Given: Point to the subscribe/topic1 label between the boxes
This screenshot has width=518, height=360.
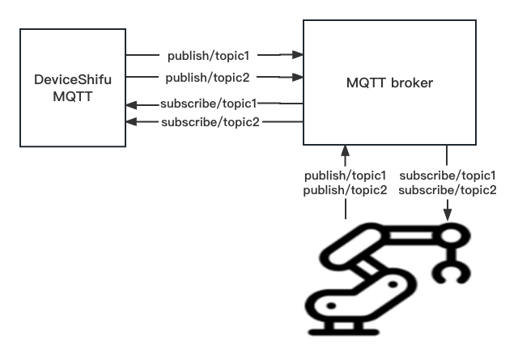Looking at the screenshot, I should point(209,104).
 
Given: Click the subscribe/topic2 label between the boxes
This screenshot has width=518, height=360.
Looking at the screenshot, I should point(209,122).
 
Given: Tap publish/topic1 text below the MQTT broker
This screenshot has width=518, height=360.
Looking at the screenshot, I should point(346,176).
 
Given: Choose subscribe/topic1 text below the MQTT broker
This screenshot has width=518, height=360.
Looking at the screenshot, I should point(448,176).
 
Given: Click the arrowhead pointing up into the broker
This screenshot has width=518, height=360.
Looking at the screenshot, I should point(346,151).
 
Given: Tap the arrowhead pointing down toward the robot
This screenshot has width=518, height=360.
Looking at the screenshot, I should point(447,216).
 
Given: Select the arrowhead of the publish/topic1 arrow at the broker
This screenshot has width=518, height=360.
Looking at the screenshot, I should point(297,56).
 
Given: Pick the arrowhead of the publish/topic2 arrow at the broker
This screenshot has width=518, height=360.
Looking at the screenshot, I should point(297,78).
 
